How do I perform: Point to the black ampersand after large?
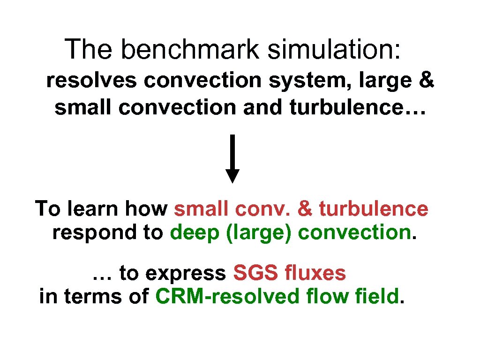click(x=426, y=81)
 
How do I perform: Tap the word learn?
click(x=93, y=209)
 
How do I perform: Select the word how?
click(x=148, y=209)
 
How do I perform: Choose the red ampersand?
click(x=305, y=209)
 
